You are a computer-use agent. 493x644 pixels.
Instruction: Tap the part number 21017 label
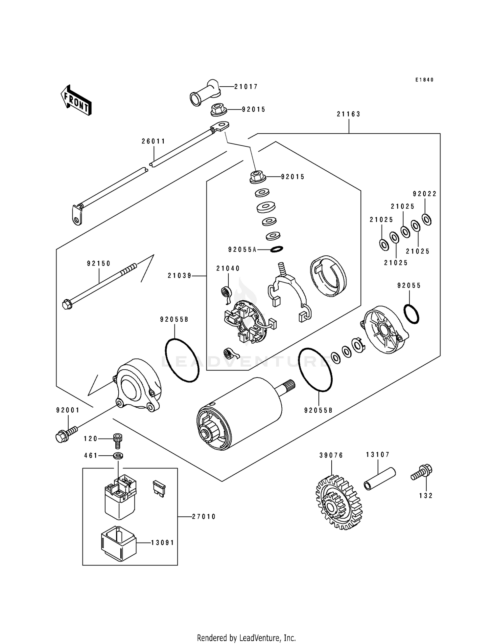tap(246, 87)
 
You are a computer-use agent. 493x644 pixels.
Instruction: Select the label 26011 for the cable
tap(153, 141)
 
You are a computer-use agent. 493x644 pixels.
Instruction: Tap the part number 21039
tap(179, 276)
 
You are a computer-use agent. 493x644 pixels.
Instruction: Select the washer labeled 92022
tap(427, 220)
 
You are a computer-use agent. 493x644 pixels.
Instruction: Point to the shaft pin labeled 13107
tap(379, 479)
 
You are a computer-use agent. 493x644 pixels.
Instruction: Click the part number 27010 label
tap(204, 517)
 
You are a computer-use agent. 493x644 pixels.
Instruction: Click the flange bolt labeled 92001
tap(66, 433)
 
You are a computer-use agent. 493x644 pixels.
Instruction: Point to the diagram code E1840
tap(424, 80)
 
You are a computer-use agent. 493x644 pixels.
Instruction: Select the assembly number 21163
tap(348, 114)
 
